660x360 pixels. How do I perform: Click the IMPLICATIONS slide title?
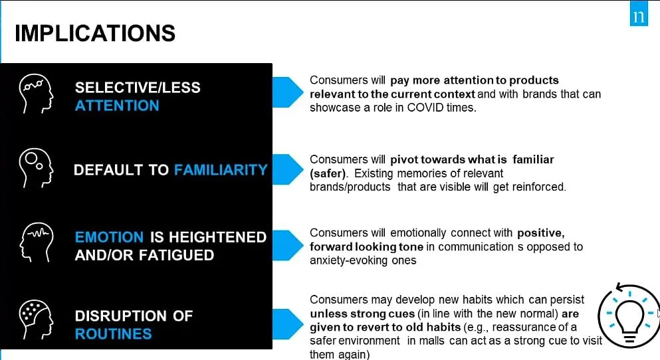tap(94, 33)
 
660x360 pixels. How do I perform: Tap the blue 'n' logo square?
tap(639, 13)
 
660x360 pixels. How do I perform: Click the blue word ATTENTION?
tap(117, 106)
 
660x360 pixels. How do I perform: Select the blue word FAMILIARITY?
tap(221, 170)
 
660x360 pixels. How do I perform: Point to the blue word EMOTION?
tap(110, 237)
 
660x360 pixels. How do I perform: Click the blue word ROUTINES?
tap(113, 334)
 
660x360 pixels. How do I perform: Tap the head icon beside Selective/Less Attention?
tap(36, 94)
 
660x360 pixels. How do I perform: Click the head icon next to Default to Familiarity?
tap(36, 168)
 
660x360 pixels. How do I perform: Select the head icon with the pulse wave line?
tap(36, 242)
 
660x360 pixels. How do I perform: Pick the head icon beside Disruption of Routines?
tap(36, 319)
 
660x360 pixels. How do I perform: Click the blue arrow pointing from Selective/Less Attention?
tap(288, 92)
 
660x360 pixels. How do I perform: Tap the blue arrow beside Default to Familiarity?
tap(288, 169)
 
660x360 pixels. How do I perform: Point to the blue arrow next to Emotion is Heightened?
tap(288, 245)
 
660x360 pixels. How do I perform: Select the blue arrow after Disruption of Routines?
tap(288, 324)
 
